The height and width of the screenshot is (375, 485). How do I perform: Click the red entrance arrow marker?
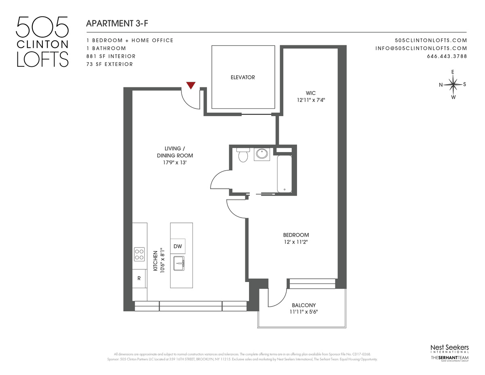191,85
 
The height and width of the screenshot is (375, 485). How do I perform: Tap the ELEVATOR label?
242,77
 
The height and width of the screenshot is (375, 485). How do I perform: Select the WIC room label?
311,93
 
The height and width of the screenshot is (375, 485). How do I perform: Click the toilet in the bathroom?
243,155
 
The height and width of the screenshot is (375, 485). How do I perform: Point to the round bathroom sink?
262,154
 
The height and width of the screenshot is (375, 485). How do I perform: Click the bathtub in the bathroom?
285,174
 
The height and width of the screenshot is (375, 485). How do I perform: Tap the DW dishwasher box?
178,246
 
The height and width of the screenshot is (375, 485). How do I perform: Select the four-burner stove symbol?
139,254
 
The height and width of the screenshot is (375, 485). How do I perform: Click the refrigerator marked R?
139,278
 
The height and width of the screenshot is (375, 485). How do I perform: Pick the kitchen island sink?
179,263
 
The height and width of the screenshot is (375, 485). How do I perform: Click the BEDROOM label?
296,235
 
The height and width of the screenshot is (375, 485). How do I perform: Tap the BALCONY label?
304,305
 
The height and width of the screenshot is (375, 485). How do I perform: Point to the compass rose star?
453,85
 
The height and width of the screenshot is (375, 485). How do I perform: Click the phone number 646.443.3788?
447,56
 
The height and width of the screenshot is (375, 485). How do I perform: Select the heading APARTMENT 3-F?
117,23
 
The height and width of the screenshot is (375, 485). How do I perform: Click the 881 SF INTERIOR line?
111,56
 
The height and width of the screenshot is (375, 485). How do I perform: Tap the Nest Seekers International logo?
449,349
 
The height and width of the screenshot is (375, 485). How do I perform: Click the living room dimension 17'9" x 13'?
175,163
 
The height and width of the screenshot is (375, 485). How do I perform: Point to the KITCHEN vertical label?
155,261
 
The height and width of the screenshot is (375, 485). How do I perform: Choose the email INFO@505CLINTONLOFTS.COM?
421,48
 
